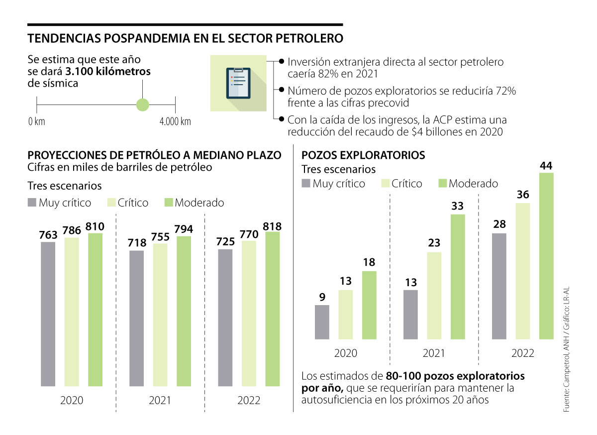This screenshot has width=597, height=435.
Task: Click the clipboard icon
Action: [x=238, y=84]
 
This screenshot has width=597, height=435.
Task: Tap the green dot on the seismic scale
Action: [x=143, y=105]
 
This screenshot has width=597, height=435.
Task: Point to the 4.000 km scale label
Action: [x=175, y=121]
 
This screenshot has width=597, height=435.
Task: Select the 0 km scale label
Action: [x=36, y=121]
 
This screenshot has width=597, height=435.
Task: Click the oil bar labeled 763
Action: [x=48, y=314]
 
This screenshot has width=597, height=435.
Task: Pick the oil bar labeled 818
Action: [x=273, y=309]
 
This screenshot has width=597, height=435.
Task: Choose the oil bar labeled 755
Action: [x=160, y=315]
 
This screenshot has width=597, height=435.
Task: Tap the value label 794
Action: [x=184, y=229]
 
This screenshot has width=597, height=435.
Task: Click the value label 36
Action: [x=523, y=195]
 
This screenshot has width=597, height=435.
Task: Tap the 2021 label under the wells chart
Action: [x=434, y=353]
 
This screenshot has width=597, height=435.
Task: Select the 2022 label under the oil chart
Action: [x=249, y=400]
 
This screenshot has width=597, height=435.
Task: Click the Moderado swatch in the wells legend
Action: [x=442, y=184]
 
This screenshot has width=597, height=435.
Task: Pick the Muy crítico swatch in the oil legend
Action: [x=32, y=203]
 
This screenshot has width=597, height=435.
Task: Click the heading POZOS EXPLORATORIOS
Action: [x=363, y=155]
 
